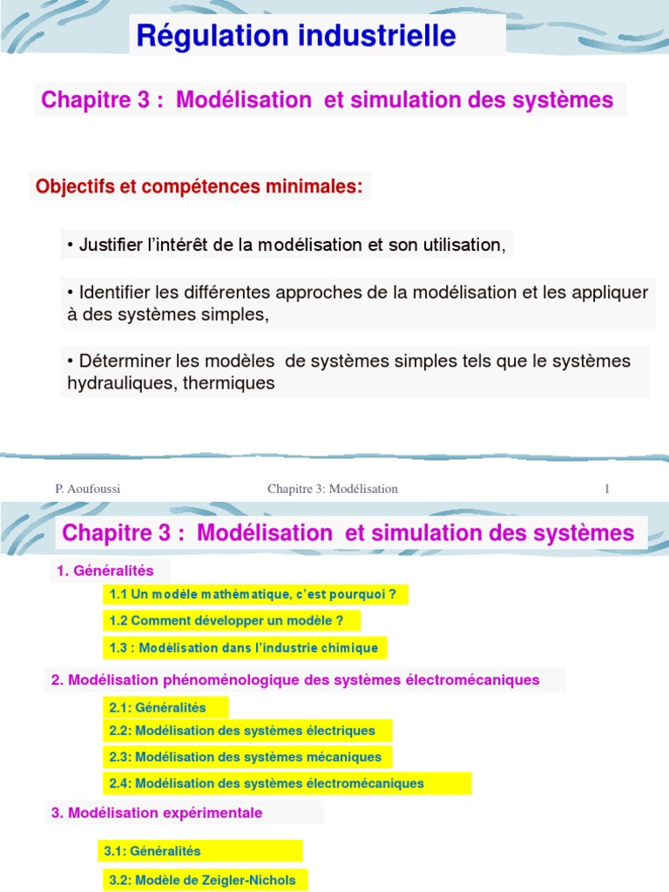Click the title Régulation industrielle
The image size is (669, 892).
[295, 36]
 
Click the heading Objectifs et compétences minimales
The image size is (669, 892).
[199, 186]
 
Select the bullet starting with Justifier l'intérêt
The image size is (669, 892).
[286, 245]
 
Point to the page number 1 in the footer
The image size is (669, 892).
[606, 489]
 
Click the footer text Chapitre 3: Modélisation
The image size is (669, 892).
[332, 489]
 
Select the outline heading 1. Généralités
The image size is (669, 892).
[105, 571]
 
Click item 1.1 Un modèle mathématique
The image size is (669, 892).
[253, 595]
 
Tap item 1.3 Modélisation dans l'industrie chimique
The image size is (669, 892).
[244, 647]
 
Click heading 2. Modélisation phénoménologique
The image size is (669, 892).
[295, 679]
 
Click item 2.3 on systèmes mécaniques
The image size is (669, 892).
[246, 756]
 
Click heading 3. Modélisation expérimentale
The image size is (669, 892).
[157, 813]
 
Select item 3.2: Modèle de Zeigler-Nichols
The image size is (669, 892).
[202, 880]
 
